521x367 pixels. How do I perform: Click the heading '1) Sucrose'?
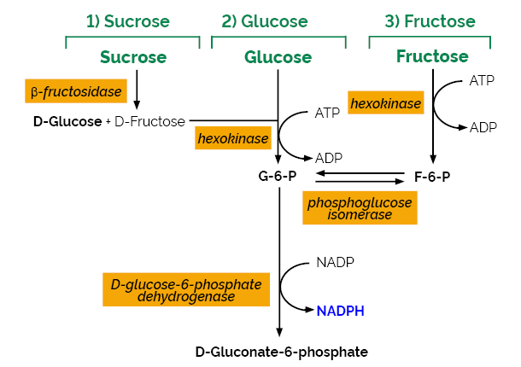click(x=127, y=20)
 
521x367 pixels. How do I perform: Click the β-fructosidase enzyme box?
click(x=76, y=90)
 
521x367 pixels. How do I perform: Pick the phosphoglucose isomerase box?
click(x=360, y=207)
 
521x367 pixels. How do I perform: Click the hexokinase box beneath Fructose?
click(x=386, y=103)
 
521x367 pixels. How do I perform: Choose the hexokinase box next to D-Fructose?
click(x=233, y=137)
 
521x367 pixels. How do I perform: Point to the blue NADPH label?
click(x=341, y=312)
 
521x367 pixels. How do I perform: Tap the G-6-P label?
click(x=278, y=177)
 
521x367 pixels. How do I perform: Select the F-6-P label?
click(x=431, y=177)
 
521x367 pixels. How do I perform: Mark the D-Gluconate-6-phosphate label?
click(x=282, y=352)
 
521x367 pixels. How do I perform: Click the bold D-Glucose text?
click(x=67, y=121)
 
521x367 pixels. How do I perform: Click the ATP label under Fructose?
click(x=483, y=80)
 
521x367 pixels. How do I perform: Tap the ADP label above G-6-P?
click(x=329, y=158)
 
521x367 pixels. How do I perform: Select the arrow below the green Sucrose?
click(x=137, y=89)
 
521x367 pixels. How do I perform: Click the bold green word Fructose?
click(x=432, y=56)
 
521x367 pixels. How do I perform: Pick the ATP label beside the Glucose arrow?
click(x=328, y=112)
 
